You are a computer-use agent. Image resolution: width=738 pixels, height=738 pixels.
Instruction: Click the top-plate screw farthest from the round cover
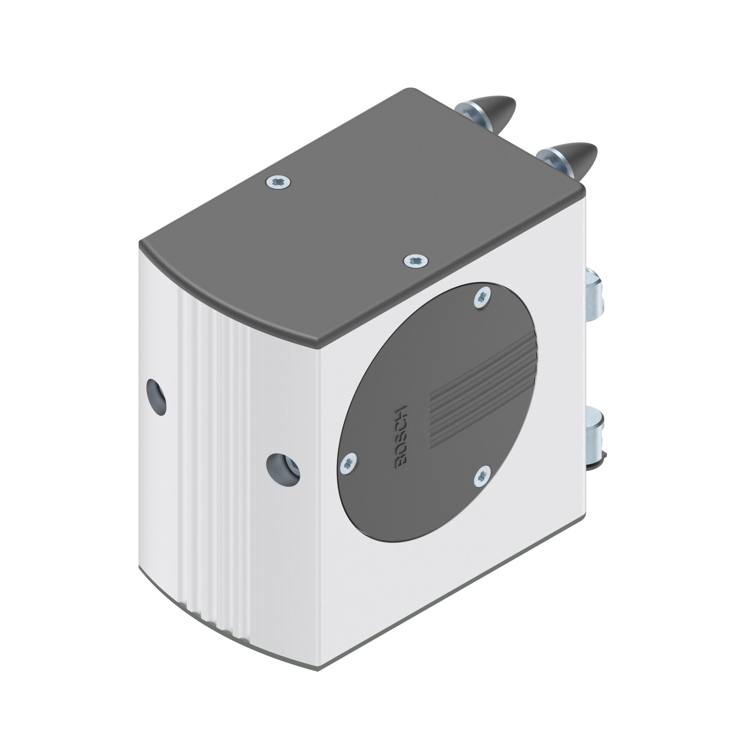[x=278, y=181]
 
